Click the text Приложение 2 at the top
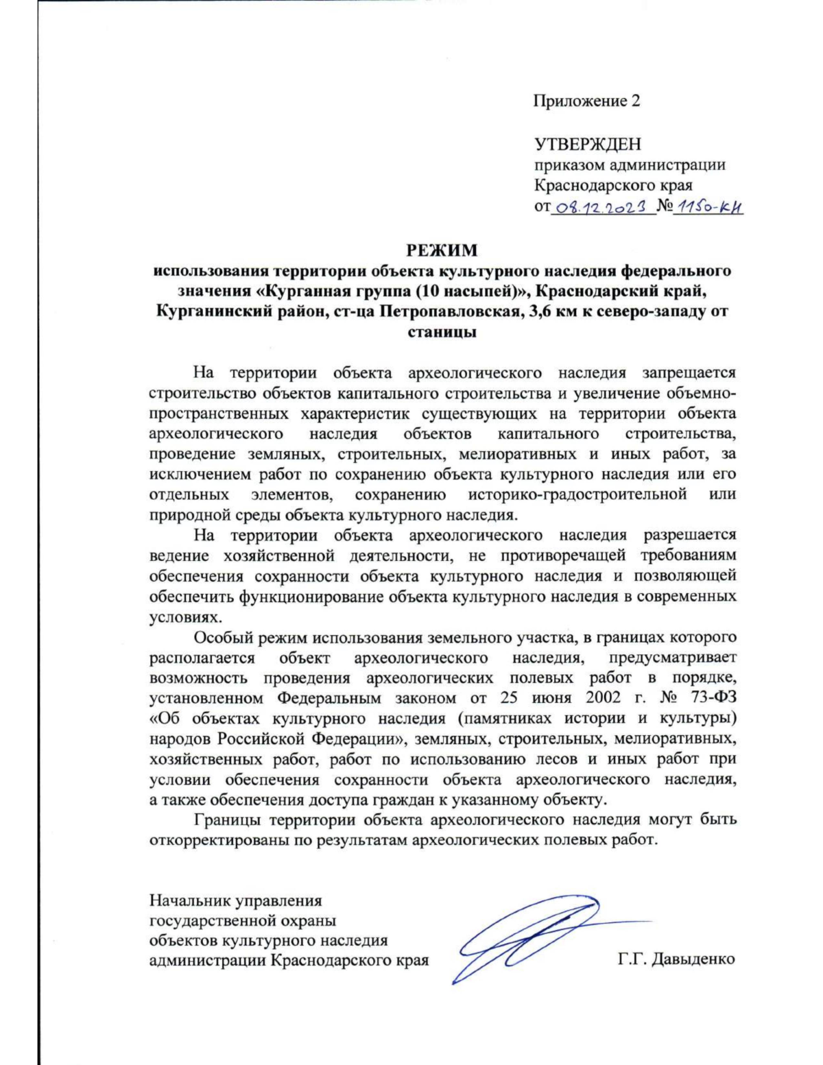tap(586, 101)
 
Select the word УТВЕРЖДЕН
tap(588, 144)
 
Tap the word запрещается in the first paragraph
tap(689, 373)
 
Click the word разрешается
tap(689, 535)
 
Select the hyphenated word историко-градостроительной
tap(577, 494)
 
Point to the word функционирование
tap(311, 596)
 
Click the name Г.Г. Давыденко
tap(676, 959)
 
